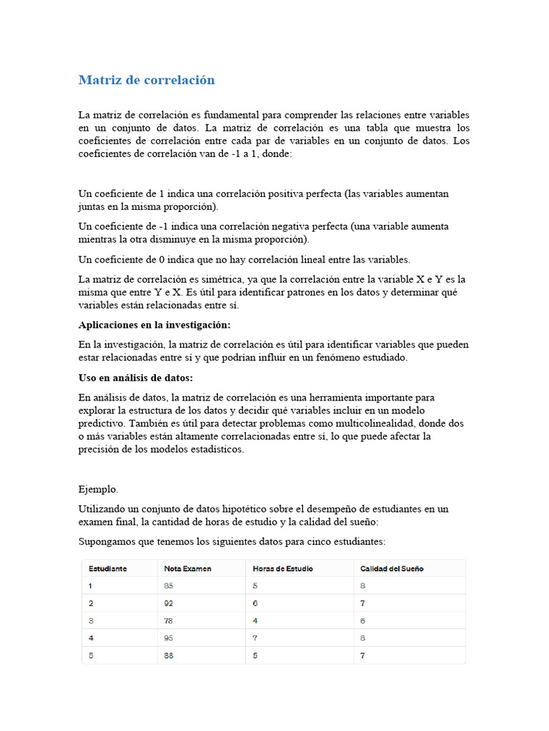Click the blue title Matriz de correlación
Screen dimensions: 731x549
(x=147, y=80)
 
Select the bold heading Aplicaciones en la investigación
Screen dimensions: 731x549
(x=154, y=325)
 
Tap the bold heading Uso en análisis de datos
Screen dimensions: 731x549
(x=136, y=377)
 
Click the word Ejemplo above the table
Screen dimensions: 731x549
(x=99, y=490)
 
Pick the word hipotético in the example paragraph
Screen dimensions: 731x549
(x=245, y=509)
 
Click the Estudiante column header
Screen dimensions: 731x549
(x=108, y=569)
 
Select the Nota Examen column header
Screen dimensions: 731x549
(x=187, y=569)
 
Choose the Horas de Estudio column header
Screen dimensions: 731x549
(x=282, y=569)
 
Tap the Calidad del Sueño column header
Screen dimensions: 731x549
(x=392, y=569)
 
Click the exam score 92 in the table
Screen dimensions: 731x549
(x=169, y=603)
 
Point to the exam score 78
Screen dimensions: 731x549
(x=169, y=621)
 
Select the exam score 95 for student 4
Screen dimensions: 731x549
(x=169, y=638)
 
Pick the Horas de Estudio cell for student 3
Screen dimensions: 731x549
(x=256, y=621)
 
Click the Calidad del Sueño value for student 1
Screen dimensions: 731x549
(x=363, y=586)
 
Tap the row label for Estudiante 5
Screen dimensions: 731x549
(x=91, y=655)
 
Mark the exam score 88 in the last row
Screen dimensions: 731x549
(x=169, y=655)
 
